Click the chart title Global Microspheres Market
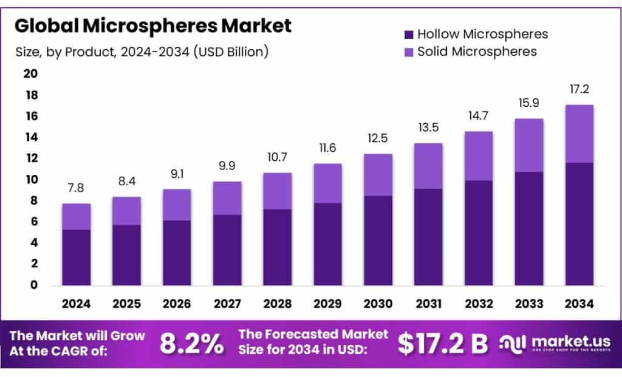point(153,26)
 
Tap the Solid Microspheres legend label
point(477,52)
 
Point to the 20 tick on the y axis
point(30,74)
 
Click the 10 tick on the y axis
point(30,180)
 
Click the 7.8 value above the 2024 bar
point(76,188)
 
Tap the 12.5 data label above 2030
point(378,138)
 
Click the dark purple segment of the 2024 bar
point(76,257)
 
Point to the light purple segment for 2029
point(327,183)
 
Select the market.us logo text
point(562,341)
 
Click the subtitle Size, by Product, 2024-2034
point(142,52)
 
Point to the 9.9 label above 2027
point(227,166)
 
